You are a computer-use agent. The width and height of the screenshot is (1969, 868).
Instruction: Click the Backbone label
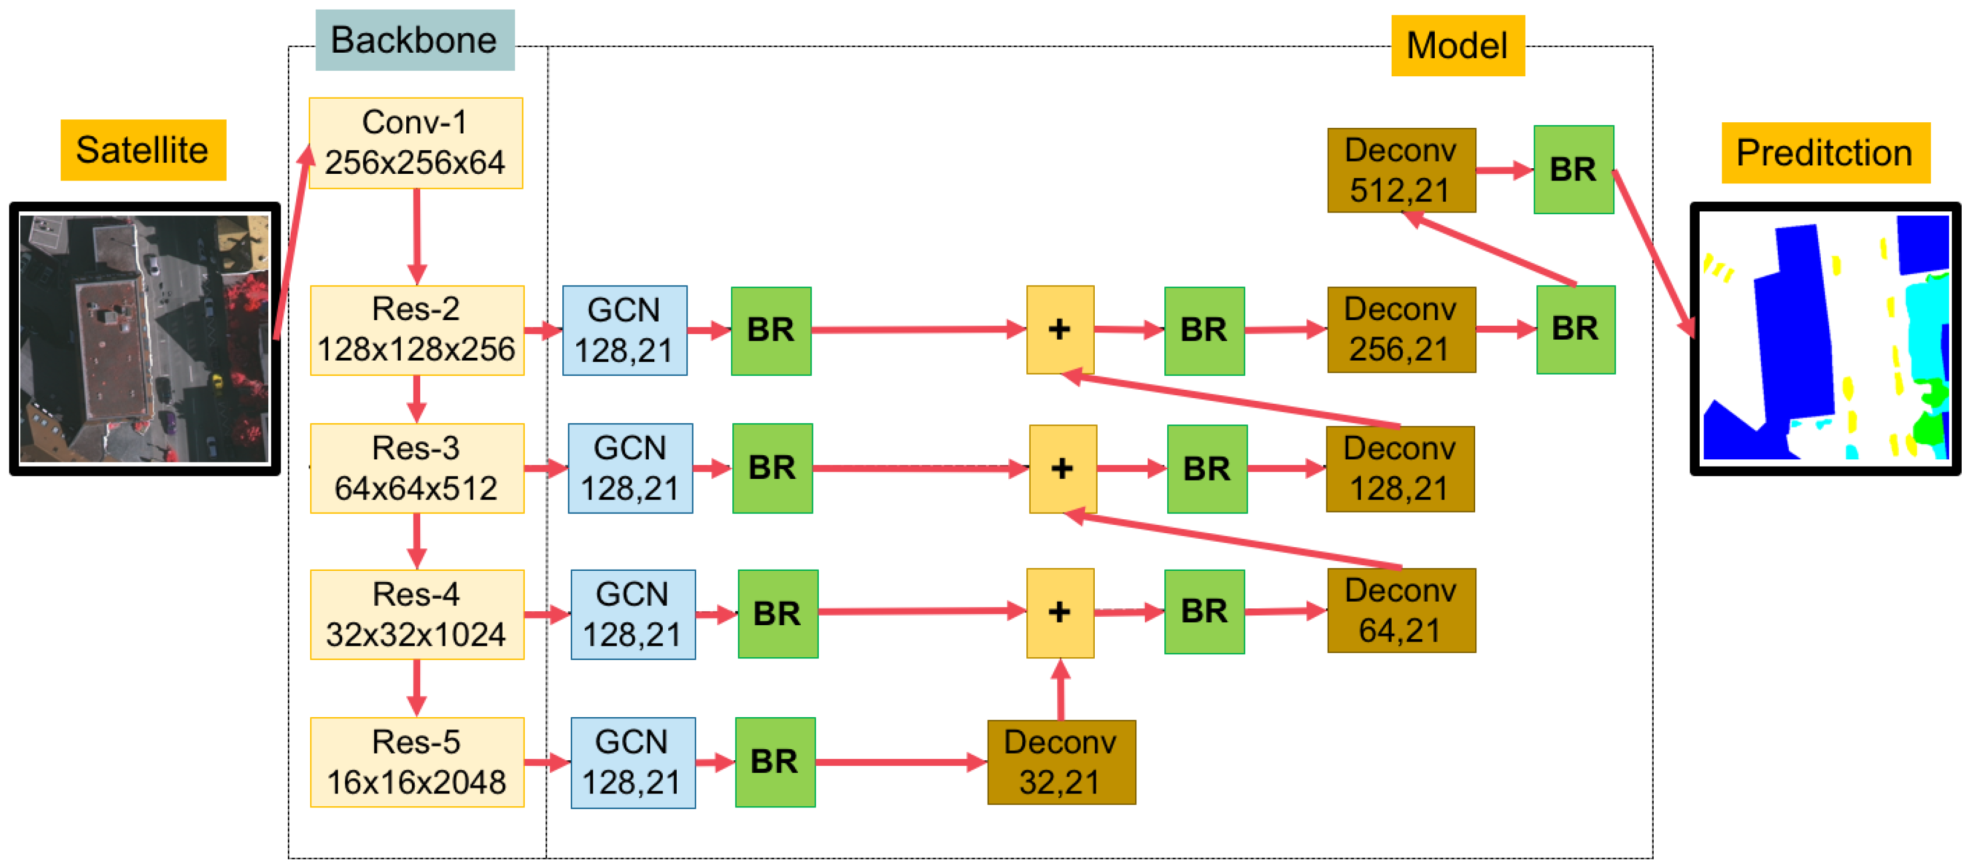click(414, 40)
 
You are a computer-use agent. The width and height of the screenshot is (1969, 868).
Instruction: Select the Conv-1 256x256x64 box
click(415, 143)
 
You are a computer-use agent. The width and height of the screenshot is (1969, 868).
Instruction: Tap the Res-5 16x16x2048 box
click(416, 762)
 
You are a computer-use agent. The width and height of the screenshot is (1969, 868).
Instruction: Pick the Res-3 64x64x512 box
click(416, 468)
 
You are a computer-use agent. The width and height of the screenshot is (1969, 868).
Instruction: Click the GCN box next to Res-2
click(624, 330)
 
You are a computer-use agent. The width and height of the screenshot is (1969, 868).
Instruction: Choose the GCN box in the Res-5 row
click(632, 762)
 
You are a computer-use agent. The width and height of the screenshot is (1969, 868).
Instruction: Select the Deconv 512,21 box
click(1401, 170)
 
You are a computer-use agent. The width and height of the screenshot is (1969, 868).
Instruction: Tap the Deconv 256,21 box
click(1401, 329)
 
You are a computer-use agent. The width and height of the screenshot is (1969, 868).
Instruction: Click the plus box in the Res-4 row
click(1059, 612)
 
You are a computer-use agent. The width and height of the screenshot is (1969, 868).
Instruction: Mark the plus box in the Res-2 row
click(1059, 329)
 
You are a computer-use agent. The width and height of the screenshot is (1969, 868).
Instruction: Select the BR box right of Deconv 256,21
click(1575, 329)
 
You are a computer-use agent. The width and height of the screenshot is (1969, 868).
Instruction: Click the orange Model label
click(1457, 45)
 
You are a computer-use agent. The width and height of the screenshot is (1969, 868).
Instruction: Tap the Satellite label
click(143, 150)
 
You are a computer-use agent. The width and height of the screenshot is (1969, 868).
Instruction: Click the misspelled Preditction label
click(1825, 153)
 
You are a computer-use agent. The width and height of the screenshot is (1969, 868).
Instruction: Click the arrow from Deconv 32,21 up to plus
click(1060, 690)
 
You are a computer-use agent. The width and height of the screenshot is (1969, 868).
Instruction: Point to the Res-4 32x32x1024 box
click(416, 615)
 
